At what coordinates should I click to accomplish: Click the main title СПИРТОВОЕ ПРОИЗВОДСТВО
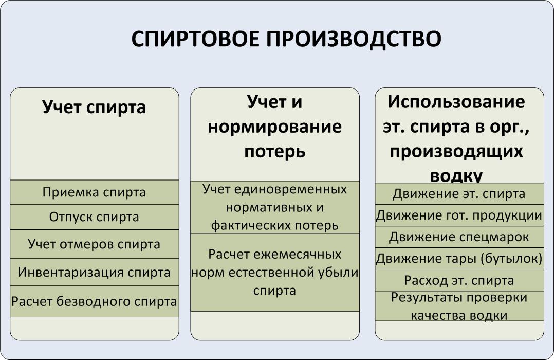click(x=286, y=39)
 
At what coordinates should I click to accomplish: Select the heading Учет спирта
click(x=94, y=107)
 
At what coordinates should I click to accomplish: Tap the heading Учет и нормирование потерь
click(x=275, y=127)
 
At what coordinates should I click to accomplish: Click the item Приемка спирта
click(x=95, y=192)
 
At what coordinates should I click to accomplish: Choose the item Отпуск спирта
click(x=95, y=217)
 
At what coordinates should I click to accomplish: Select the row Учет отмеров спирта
click(x=95, y=244)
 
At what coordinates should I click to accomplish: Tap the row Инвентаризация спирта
click(x=95, y=272)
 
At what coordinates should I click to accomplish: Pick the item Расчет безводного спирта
click(x=95, y=301)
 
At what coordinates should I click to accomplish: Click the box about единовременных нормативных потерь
click(x=275, y=207)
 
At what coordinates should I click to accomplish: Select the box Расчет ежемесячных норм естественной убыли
click(x=275, y=272)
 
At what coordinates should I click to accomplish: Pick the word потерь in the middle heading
click(x=275, y=152)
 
